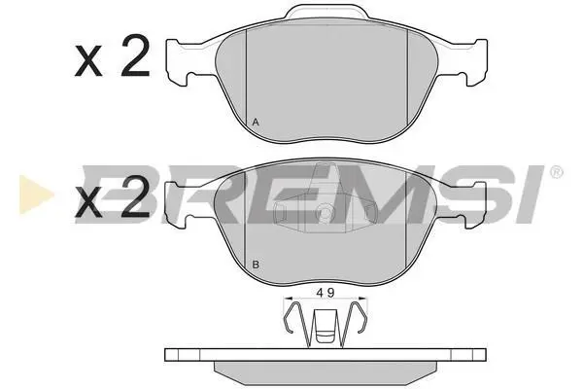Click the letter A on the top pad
point(256,122)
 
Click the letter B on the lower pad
point(256,265)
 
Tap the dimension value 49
point(326,294)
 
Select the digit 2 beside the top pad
point(135,55)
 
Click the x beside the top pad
point(88,62)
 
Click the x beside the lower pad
point(88,203)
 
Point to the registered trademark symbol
point(556,172)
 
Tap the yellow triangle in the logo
point(36,194)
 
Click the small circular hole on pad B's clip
point(326,213)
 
